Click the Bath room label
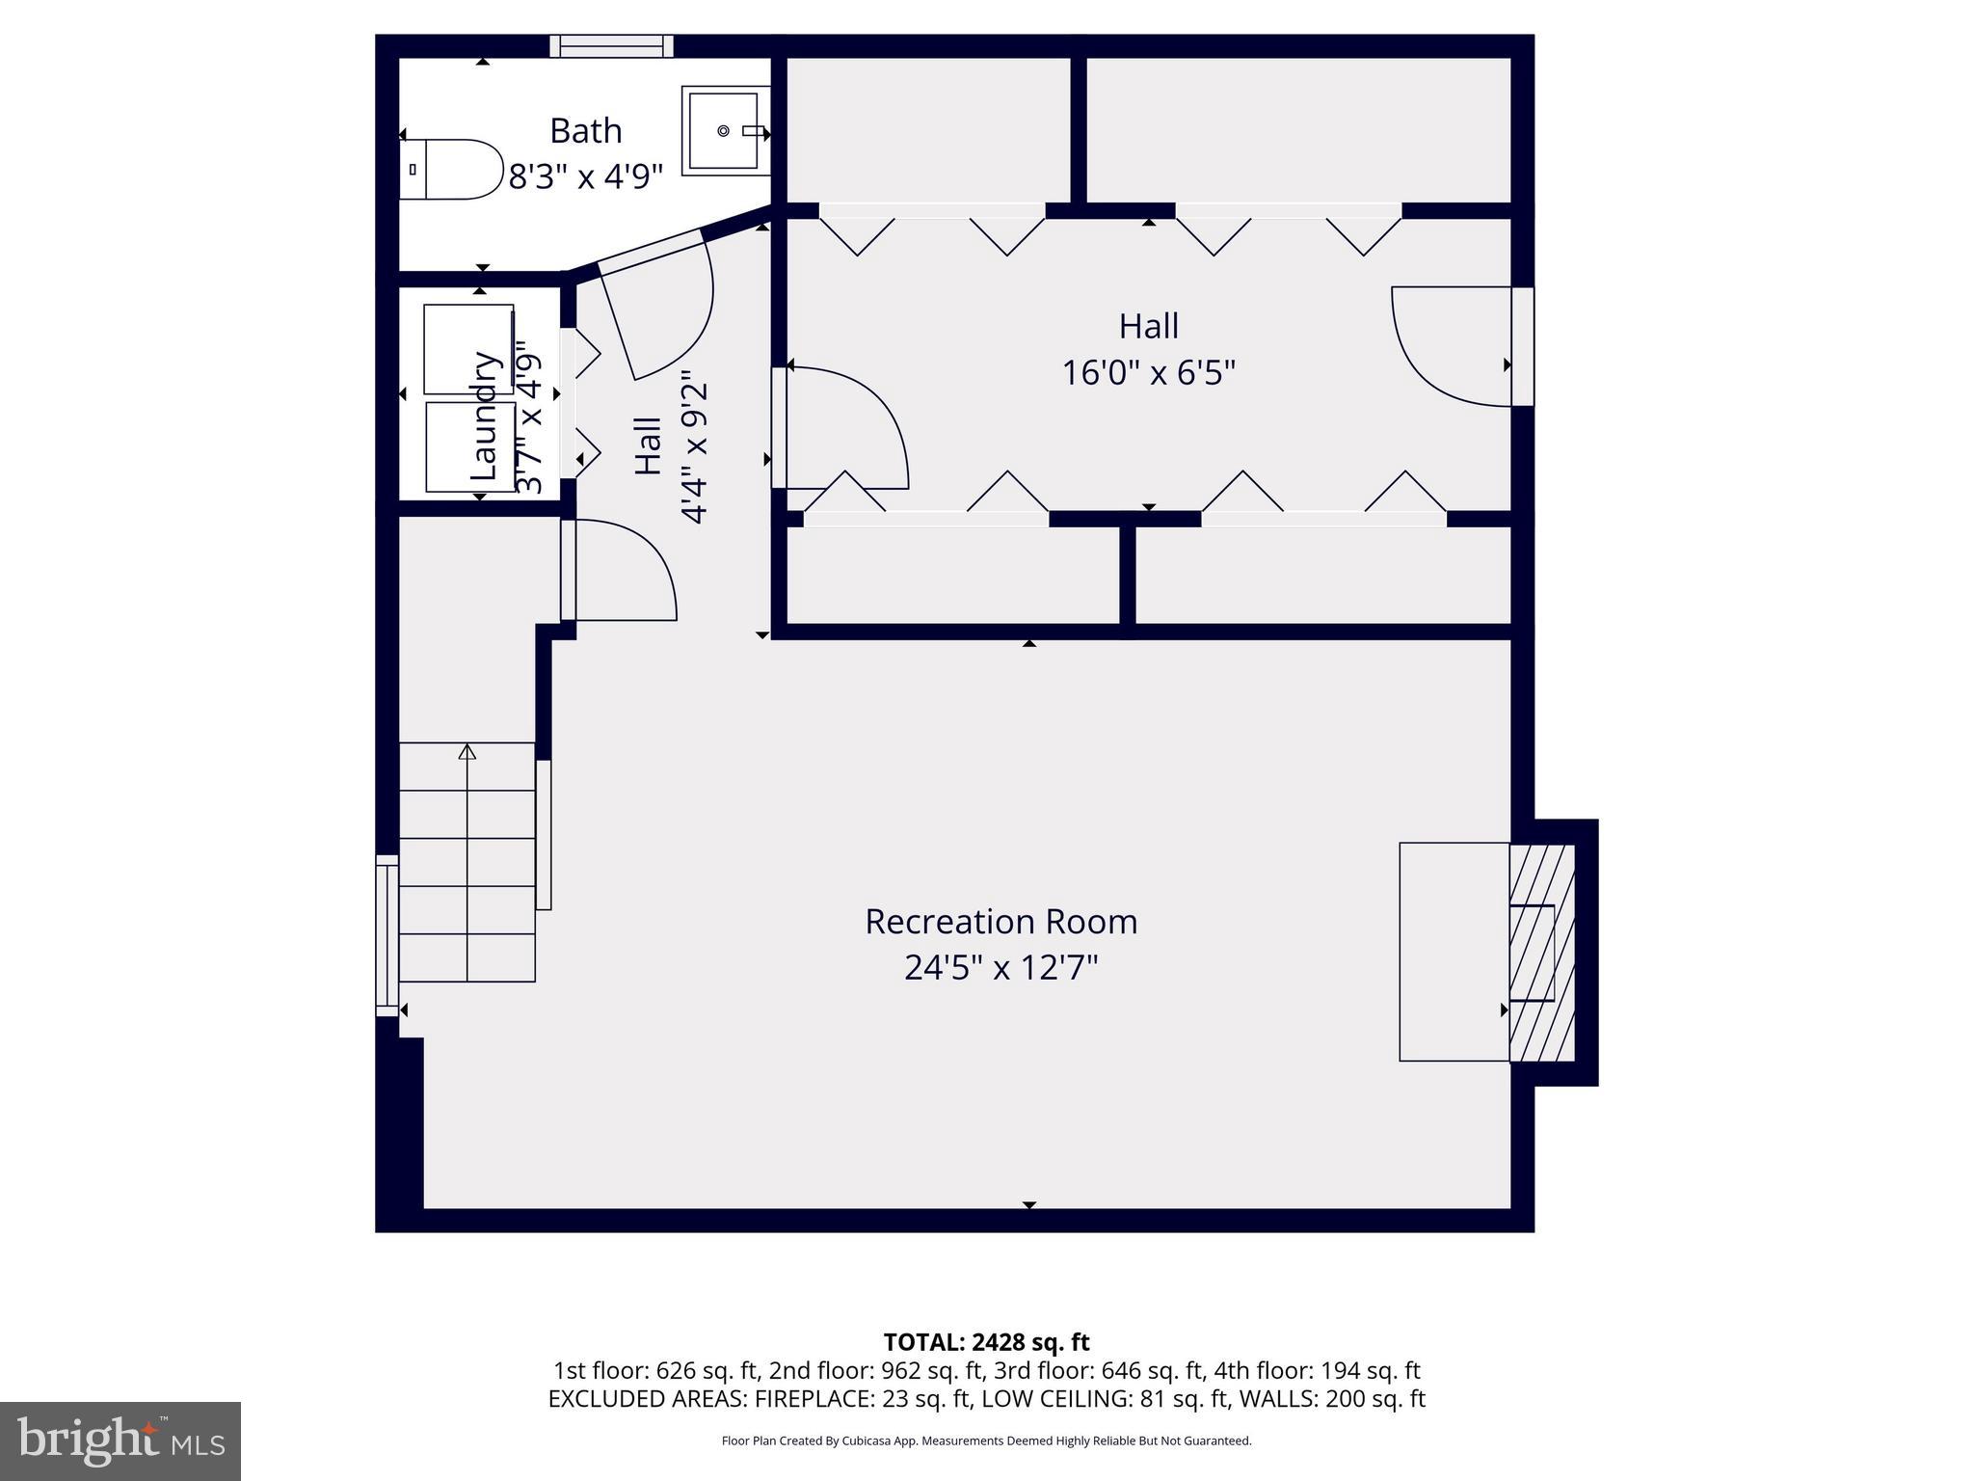tap(585, 131)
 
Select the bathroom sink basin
tap(724, 130)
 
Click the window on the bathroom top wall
tap(612, 46)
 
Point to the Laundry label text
tap(485, 416)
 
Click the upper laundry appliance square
tap(468, 349)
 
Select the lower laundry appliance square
tap(470, 446)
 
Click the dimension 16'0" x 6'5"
tap(1148, 372)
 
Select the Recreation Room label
tap(1000, 922)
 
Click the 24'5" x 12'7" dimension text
tap(1000, 967)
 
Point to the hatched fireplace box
tap(1542, 953)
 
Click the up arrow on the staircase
tap(467, 752)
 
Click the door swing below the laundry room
tap(622, 571)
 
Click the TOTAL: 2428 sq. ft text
tap(986, 1342)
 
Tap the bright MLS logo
tap(120, 1441)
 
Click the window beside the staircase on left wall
tap(387, 935)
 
